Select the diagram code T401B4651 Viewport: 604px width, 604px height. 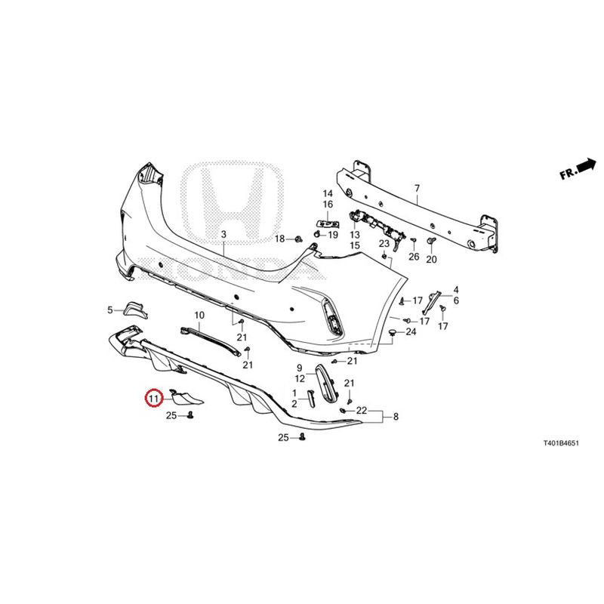click(x=560, y=443)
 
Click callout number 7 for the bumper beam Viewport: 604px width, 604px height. click(x=418, y=188)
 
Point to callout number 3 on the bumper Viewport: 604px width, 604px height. click(x=224, y=234)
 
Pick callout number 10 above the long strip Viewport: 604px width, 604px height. click(x=199, y=316)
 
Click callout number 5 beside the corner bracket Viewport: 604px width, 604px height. click(x=110, y=310)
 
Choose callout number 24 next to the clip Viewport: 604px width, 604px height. click(x=411, y=331)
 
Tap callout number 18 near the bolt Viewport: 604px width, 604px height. click(x=279, y=239)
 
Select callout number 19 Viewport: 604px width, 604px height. click(x=333, y=234)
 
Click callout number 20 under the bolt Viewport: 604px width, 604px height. click(x=431, y=259)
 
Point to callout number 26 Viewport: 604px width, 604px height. click(x=414, y=256)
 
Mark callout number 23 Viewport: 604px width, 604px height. click(x=384, y=243)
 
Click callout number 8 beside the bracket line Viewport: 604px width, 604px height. click(x=396, y=417)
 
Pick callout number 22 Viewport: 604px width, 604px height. click(x=362, y=411)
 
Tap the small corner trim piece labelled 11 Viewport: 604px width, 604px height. click(x=186, y=398)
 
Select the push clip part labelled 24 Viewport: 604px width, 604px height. click(x=393, y=332)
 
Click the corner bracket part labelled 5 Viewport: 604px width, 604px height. click(x=135, y=310)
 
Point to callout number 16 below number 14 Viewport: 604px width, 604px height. click(x=328, y=204)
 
